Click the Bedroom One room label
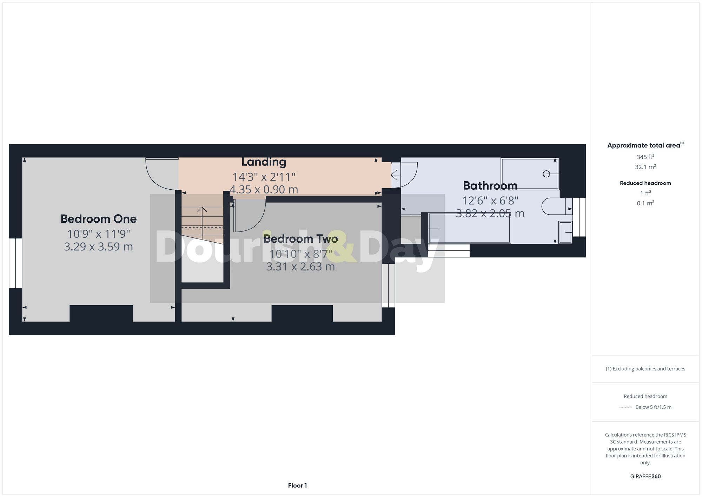(98, 219)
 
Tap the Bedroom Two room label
(300, 239)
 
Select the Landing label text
(264, 162)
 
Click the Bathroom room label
(490, 185)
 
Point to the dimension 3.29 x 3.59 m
(98, 247)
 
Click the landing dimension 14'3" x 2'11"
(264, 176)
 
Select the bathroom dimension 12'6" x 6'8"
(490, 201)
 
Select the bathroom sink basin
(565, 232)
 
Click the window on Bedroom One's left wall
(15, 263)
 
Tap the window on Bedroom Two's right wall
(388, 285)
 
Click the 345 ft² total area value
(645, 157)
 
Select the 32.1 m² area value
(645, 167)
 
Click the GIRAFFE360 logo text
(645, 476)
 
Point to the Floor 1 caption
(297, 485)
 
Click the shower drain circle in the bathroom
(546, 174)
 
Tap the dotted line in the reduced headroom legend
(625, 407)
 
